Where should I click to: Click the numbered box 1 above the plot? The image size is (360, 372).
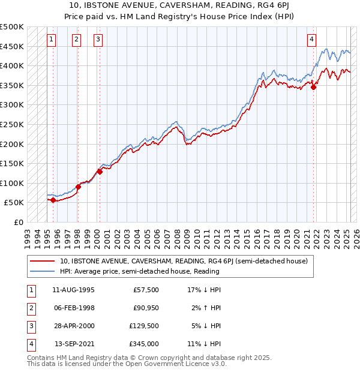52,40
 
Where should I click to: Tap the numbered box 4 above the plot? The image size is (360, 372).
312,40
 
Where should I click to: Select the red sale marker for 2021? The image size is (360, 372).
314,87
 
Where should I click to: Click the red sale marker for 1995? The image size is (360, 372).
53,200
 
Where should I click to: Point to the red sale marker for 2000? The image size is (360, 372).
100,172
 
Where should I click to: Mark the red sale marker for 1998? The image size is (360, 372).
78,187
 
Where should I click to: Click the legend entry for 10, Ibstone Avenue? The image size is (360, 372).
184,261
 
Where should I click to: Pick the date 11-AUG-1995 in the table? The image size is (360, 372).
74,290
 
